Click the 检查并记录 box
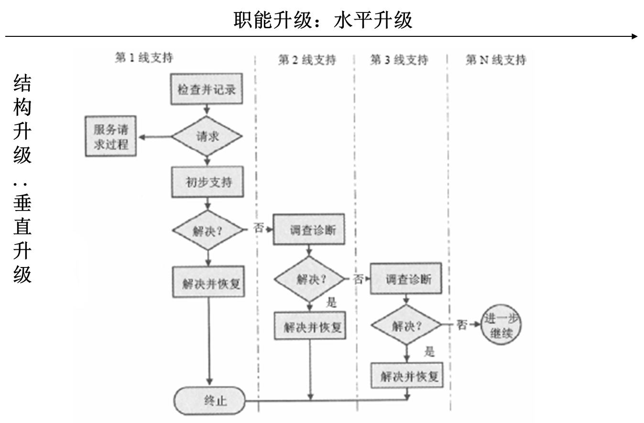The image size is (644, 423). pyautogui.click(x=207, y=89)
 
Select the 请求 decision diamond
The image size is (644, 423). pyautogui.click(x=207, y=136)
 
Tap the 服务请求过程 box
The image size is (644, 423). pyautogui.click(x=110, y=136)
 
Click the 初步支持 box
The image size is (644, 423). pyautogui.click(x=207, y=182)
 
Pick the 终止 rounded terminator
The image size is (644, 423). pyautogui.click(x=210, y=401)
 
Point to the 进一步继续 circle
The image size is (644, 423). pyautogui.click(x=501, y=326)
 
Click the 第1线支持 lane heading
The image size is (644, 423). pyautogui.click(x=144, y=58)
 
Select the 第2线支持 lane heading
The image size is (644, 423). pyautogui.click(x=307, y=60)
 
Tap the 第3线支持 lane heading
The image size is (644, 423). pyautogui.click(x=399, y=60)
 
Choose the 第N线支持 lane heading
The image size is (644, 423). pyautogui.click(x=496, y=60)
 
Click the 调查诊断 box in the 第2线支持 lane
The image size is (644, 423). pyautogui.click(x=309, y=230)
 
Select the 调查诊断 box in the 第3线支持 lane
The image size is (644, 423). pyautogui.click(x=406, y=278)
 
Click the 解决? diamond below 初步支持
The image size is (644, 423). pyautogui.click(x=207, y=230)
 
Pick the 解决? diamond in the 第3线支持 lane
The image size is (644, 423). pyautogui.click(x=406, y=325)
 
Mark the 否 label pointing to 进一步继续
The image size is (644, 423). pyautogui.click(x=461, y=325)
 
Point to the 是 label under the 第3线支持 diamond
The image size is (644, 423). pyautogui.click(x=429, y=352)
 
